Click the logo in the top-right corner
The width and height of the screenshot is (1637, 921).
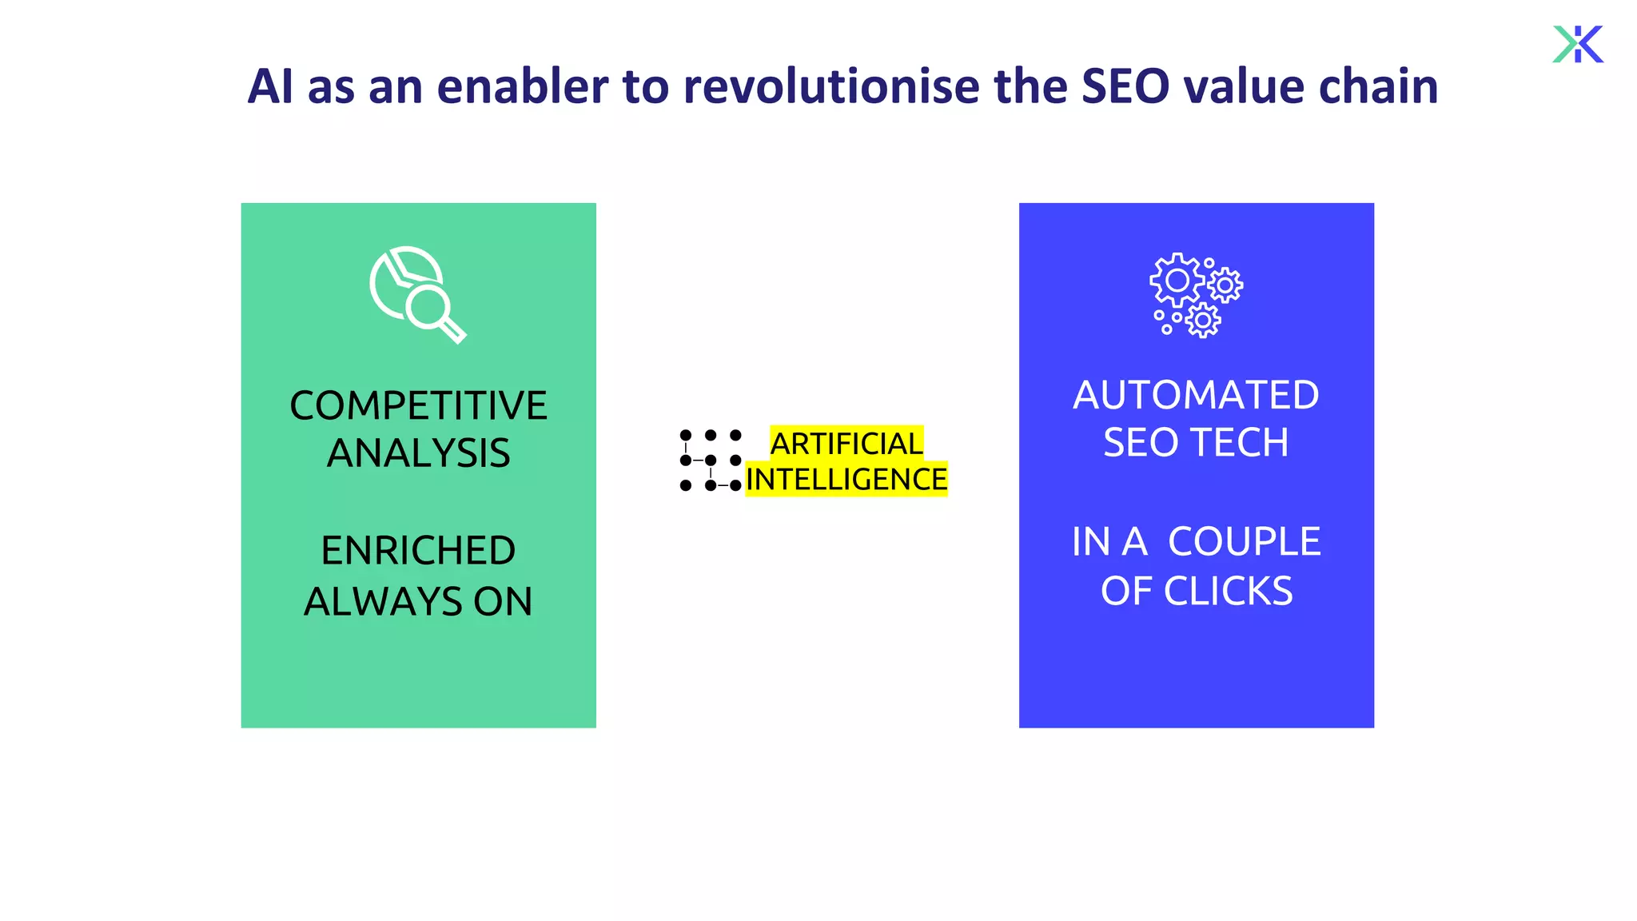(x=1578, y=44)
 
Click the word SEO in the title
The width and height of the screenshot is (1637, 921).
(x=1125, y=86)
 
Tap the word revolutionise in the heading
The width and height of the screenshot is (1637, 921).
(x=830, y=86)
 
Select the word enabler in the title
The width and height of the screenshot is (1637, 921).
(x=523, y=86)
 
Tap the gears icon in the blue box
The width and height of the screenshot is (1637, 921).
(x=1196, y=295)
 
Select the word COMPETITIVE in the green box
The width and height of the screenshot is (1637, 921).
(x=418, y=405)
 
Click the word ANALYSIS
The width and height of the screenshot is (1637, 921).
(x=418, y=453)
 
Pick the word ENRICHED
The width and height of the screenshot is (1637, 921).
(x=418, y=551)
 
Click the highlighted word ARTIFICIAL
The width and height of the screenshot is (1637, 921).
(x=846, y=443)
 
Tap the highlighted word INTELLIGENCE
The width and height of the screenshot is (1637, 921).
(x=846, y=479)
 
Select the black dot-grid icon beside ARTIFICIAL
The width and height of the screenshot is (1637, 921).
(x=710, y=460)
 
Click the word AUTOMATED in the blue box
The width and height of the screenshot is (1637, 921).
(x=1196, y=395)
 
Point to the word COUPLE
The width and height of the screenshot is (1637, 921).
(x=1244, y=542)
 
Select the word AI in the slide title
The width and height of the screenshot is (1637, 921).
(x=270, y=86)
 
